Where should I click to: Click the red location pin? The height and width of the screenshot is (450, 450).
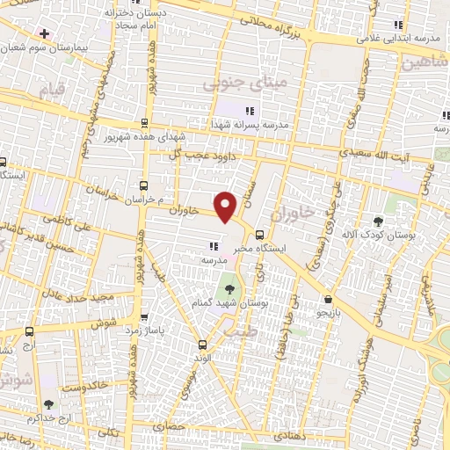[x=227, y=206]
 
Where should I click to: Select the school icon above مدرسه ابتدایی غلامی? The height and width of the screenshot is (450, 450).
[x=399, y=25]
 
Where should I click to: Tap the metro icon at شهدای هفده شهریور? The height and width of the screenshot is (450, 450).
[x=144, y=123]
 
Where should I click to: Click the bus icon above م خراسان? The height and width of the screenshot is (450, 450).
[x=144, y=185]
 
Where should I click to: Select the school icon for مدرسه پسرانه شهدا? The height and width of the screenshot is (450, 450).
[x=250, y=111]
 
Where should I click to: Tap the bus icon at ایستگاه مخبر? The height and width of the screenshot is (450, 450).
[x=258, y=235]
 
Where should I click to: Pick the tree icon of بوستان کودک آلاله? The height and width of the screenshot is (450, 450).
[x=379, y=221]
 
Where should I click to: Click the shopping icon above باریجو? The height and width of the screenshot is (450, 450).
[x=327, y=299]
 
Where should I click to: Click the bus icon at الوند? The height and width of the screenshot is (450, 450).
[x=203, y=345]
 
